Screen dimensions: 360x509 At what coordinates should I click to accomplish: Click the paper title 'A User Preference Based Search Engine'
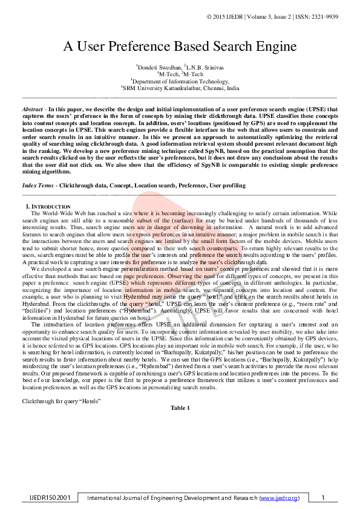180,47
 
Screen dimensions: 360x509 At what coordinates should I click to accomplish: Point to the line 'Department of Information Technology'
180,80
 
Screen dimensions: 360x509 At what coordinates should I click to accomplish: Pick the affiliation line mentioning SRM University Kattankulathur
180,88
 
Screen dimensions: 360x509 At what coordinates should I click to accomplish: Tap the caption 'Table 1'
180,408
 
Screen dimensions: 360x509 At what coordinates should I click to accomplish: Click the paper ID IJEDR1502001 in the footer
51,498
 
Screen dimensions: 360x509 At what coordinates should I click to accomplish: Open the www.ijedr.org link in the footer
279,498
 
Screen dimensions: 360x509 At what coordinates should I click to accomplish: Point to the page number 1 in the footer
323,498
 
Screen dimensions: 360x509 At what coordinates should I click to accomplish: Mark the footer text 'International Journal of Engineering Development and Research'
172,498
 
